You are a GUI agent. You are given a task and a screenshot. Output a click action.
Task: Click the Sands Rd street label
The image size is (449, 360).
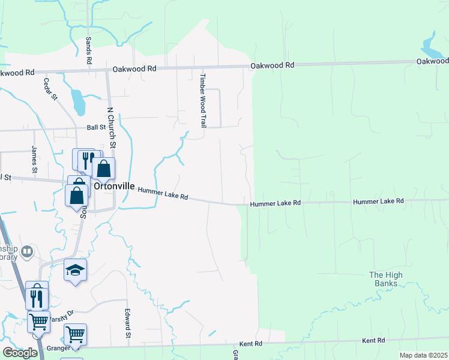(88, 50)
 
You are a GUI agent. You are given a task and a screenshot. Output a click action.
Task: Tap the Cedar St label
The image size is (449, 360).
(50, 88)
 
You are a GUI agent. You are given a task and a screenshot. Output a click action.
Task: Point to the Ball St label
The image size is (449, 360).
(96, 127)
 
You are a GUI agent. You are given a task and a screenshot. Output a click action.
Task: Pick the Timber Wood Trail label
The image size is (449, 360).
(203, 100)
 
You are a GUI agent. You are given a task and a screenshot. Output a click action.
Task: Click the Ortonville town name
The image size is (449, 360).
(114, 186)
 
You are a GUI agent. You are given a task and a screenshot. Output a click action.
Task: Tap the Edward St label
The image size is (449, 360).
(128, 323)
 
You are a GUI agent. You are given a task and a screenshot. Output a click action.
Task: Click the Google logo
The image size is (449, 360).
(20, 352)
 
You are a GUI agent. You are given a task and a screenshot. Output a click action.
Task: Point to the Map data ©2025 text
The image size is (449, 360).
(423, 355)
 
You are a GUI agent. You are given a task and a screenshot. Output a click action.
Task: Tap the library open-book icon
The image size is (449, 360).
(26, 252)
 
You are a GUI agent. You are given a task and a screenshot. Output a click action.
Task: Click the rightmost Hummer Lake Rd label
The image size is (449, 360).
(378, 202)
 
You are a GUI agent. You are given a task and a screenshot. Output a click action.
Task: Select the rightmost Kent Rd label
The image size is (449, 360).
(373, 341)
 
